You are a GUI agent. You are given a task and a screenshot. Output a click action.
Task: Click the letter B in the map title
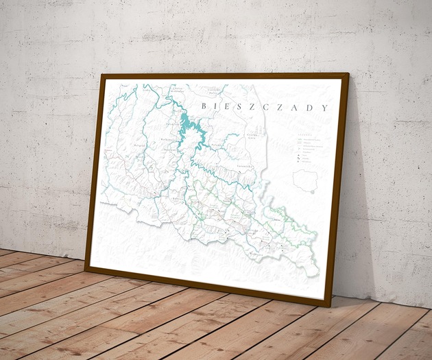point(204,105)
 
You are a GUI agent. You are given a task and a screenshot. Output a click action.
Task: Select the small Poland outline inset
point(304,180)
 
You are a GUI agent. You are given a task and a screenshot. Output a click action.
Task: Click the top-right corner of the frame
point(348,73)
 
